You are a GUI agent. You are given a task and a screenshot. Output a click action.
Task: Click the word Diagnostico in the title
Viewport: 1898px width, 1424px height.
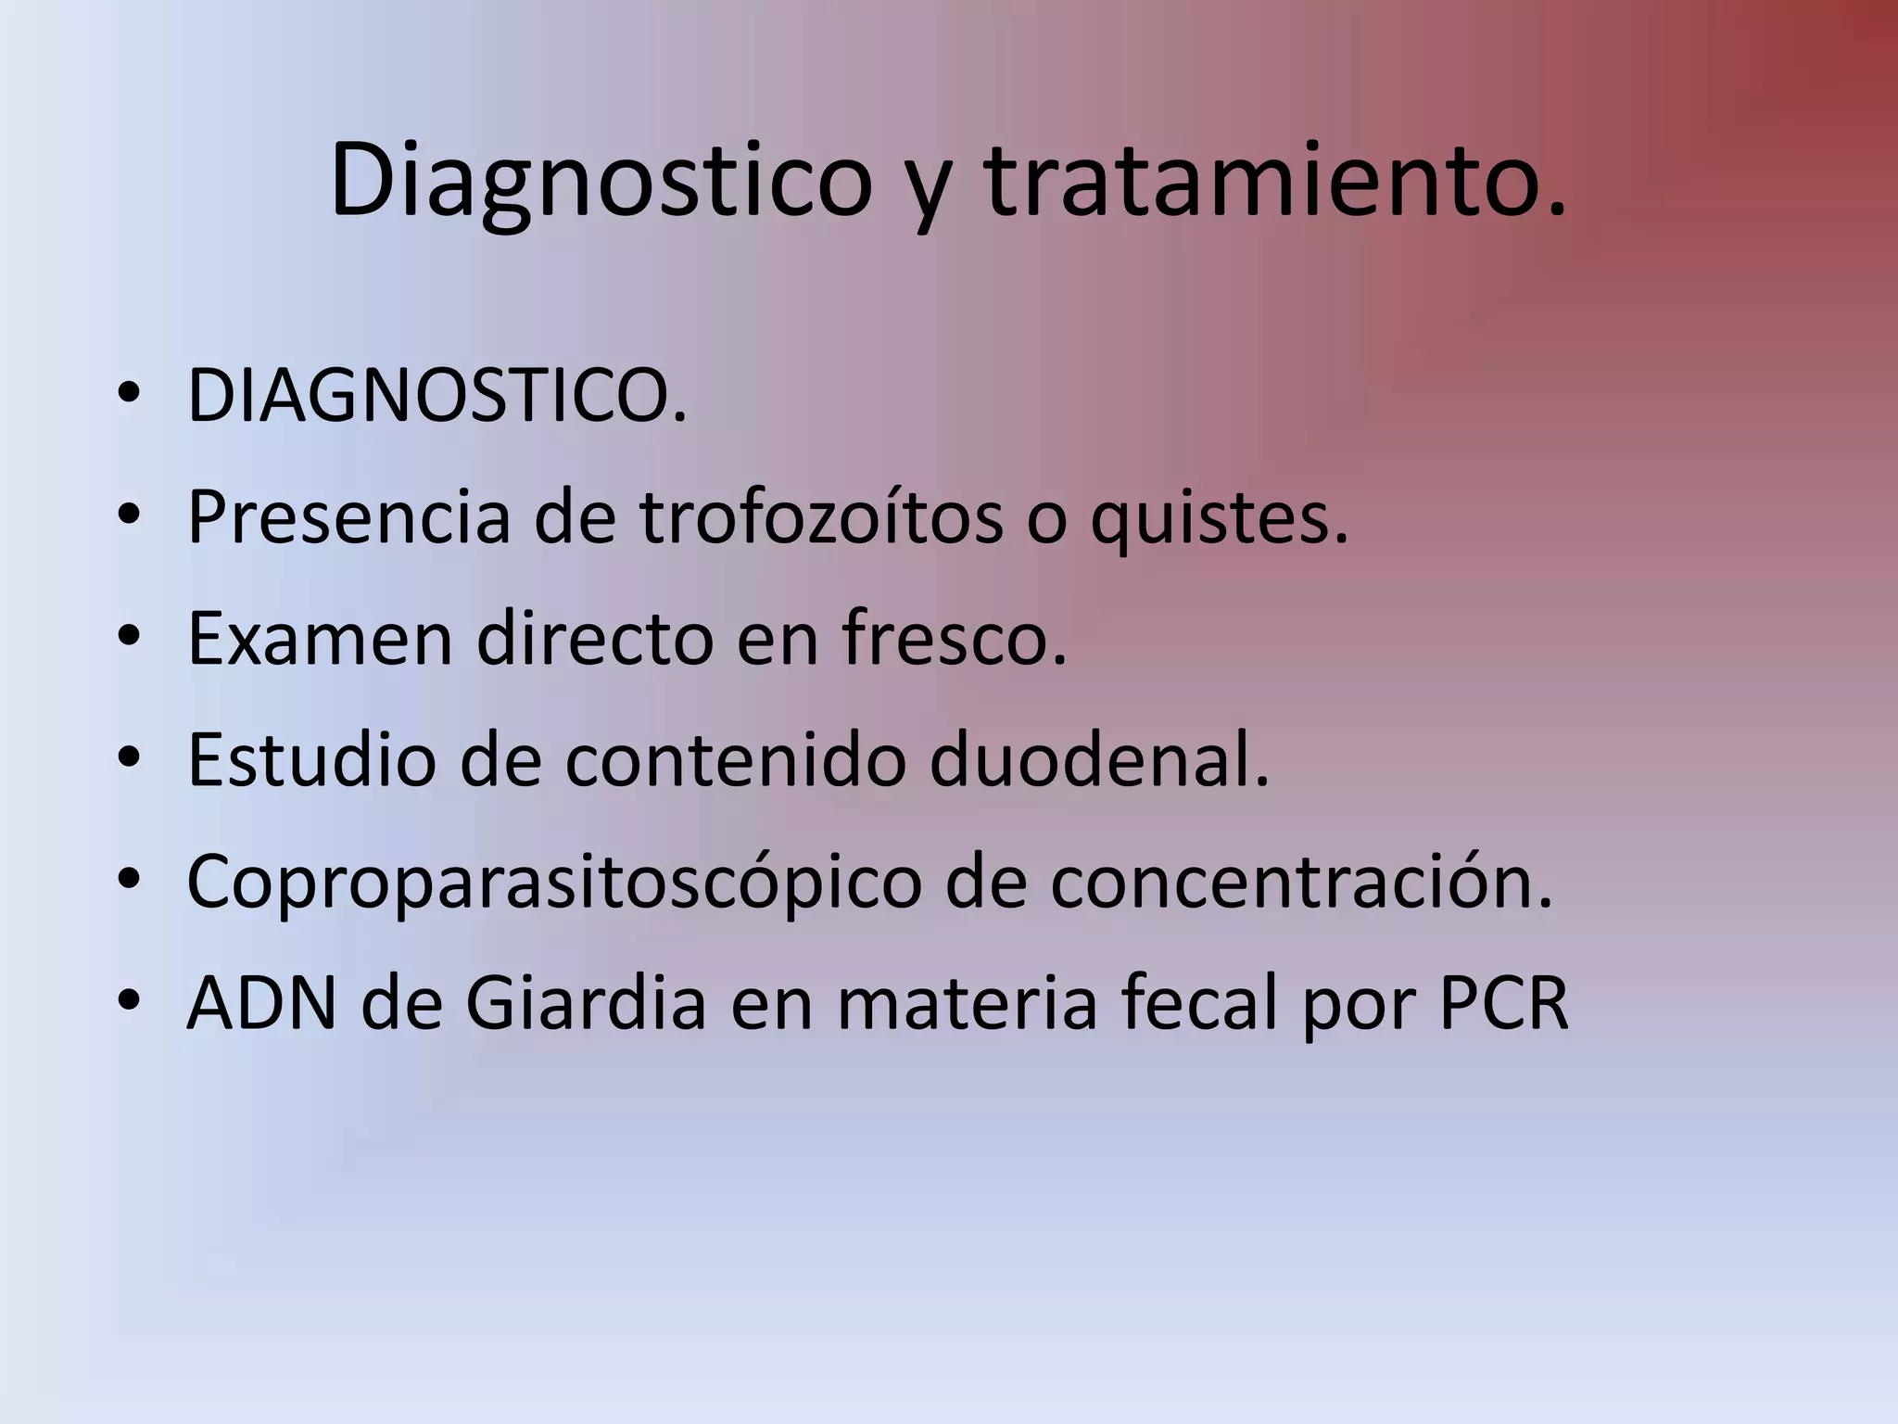[601, 181]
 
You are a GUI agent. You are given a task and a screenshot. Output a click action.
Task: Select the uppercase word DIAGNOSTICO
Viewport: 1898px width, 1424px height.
[437, 397]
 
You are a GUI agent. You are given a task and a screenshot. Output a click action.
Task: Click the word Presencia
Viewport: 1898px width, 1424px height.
[348, 517]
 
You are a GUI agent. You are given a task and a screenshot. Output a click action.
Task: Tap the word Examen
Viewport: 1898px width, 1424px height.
[320, 639]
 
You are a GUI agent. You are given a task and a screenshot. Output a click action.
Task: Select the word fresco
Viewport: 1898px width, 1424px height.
[955, 639]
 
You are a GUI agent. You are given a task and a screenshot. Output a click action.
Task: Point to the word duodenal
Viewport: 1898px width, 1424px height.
[1099, 760]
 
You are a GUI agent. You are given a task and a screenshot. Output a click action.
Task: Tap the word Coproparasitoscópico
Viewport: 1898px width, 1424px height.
[553, 883]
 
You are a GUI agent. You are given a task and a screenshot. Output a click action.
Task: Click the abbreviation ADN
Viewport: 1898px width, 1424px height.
[262, 1004]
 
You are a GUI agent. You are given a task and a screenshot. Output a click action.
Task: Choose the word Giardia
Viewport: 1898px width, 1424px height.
[586, 1004]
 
